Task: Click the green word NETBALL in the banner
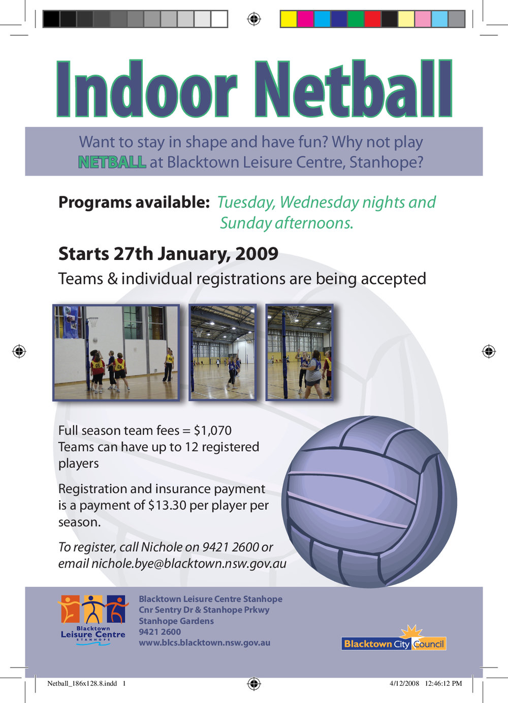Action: click(x=112, y=162)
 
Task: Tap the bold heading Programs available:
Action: click(x=134, y=202)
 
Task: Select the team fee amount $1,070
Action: click(x=212, y=431)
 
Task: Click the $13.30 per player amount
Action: click(x=167, y=506)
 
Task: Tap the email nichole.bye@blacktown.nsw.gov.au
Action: click(x=188, y=564)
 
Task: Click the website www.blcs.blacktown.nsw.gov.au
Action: click(x=204, y=642)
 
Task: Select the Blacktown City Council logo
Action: click(x=394, y=639)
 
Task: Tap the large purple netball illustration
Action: click(x=369, y=502)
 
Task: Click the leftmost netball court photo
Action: click(x=116, y=353)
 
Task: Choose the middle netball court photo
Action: click(x=223, y=353)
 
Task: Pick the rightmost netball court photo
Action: click(x=299, y=353)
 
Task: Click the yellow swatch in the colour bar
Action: click(x=289, y=19)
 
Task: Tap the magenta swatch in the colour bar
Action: click(x=305, y=19)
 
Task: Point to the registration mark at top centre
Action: click(x=253, y=19)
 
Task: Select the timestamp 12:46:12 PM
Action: click(x=443, y=684)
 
